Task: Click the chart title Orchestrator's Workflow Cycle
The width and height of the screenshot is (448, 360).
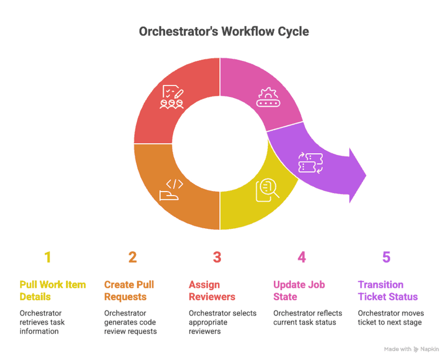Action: (x=224, y=32)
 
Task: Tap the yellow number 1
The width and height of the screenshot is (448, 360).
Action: (x=48, y=257)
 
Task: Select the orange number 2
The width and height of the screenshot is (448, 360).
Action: (x=132, y=257)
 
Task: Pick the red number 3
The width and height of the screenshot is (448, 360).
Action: (x=217, y=257)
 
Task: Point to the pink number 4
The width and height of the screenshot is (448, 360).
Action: (x=301, y=257)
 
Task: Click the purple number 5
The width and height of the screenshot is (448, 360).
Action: (x=386, y=257)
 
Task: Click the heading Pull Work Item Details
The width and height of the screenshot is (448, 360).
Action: (x=52, y=291)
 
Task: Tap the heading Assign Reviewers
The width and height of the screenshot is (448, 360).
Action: (x=212, y=291)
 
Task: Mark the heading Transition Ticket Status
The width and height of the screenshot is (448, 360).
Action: (x=388, y=291)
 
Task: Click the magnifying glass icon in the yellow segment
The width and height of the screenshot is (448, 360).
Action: (x=267, y=190)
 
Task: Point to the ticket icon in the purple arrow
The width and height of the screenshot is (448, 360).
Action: (x=309, y=162)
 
